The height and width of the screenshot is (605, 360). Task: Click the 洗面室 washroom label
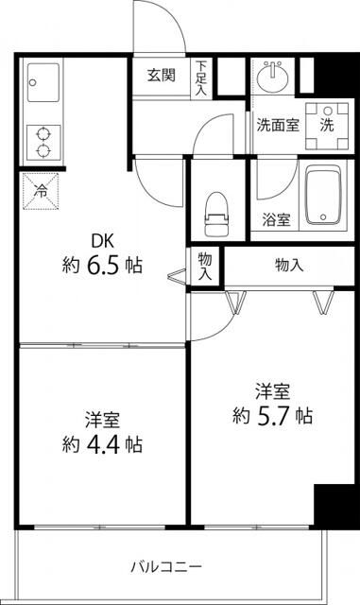pos(278,125)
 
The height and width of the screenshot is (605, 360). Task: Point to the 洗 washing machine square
pos(326,124)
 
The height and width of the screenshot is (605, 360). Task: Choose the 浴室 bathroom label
pos(277,219)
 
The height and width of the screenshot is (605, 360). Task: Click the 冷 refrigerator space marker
pos(42,189)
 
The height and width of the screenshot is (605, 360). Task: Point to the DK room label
pos(103,240)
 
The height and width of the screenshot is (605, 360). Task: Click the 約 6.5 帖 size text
pos(103,266)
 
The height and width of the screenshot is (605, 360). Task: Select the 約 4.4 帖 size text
pos(103,442)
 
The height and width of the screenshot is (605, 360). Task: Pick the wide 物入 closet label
pos(289,266)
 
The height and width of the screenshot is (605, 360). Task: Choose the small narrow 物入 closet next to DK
pos(204,266)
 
